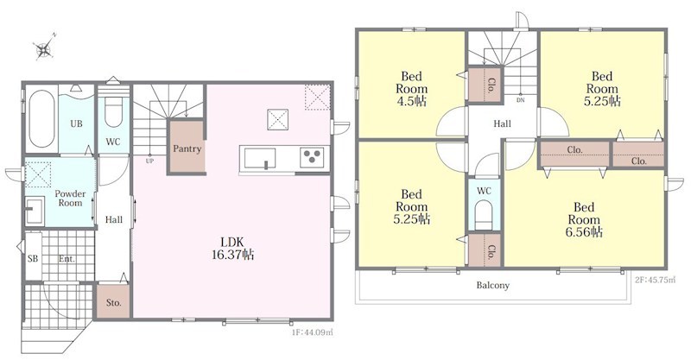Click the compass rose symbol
click(44, 47)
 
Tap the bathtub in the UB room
click(41, 118)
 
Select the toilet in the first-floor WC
click(114, 112)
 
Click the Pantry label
click(187, 148)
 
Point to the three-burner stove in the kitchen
click(312, 157)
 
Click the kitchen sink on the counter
click(260, 158)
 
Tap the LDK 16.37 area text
click(232, 249)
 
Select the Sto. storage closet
click(113, 302)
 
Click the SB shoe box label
click(33, 259)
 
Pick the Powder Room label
click(70, 199)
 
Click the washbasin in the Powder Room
click(35, 211)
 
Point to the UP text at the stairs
click(149, 161)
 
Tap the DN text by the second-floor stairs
click(521, 100)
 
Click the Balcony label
click(492, 285)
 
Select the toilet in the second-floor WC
click(484, 215)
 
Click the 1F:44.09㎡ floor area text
click(307, 332)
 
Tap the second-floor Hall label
click(502, 123)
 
